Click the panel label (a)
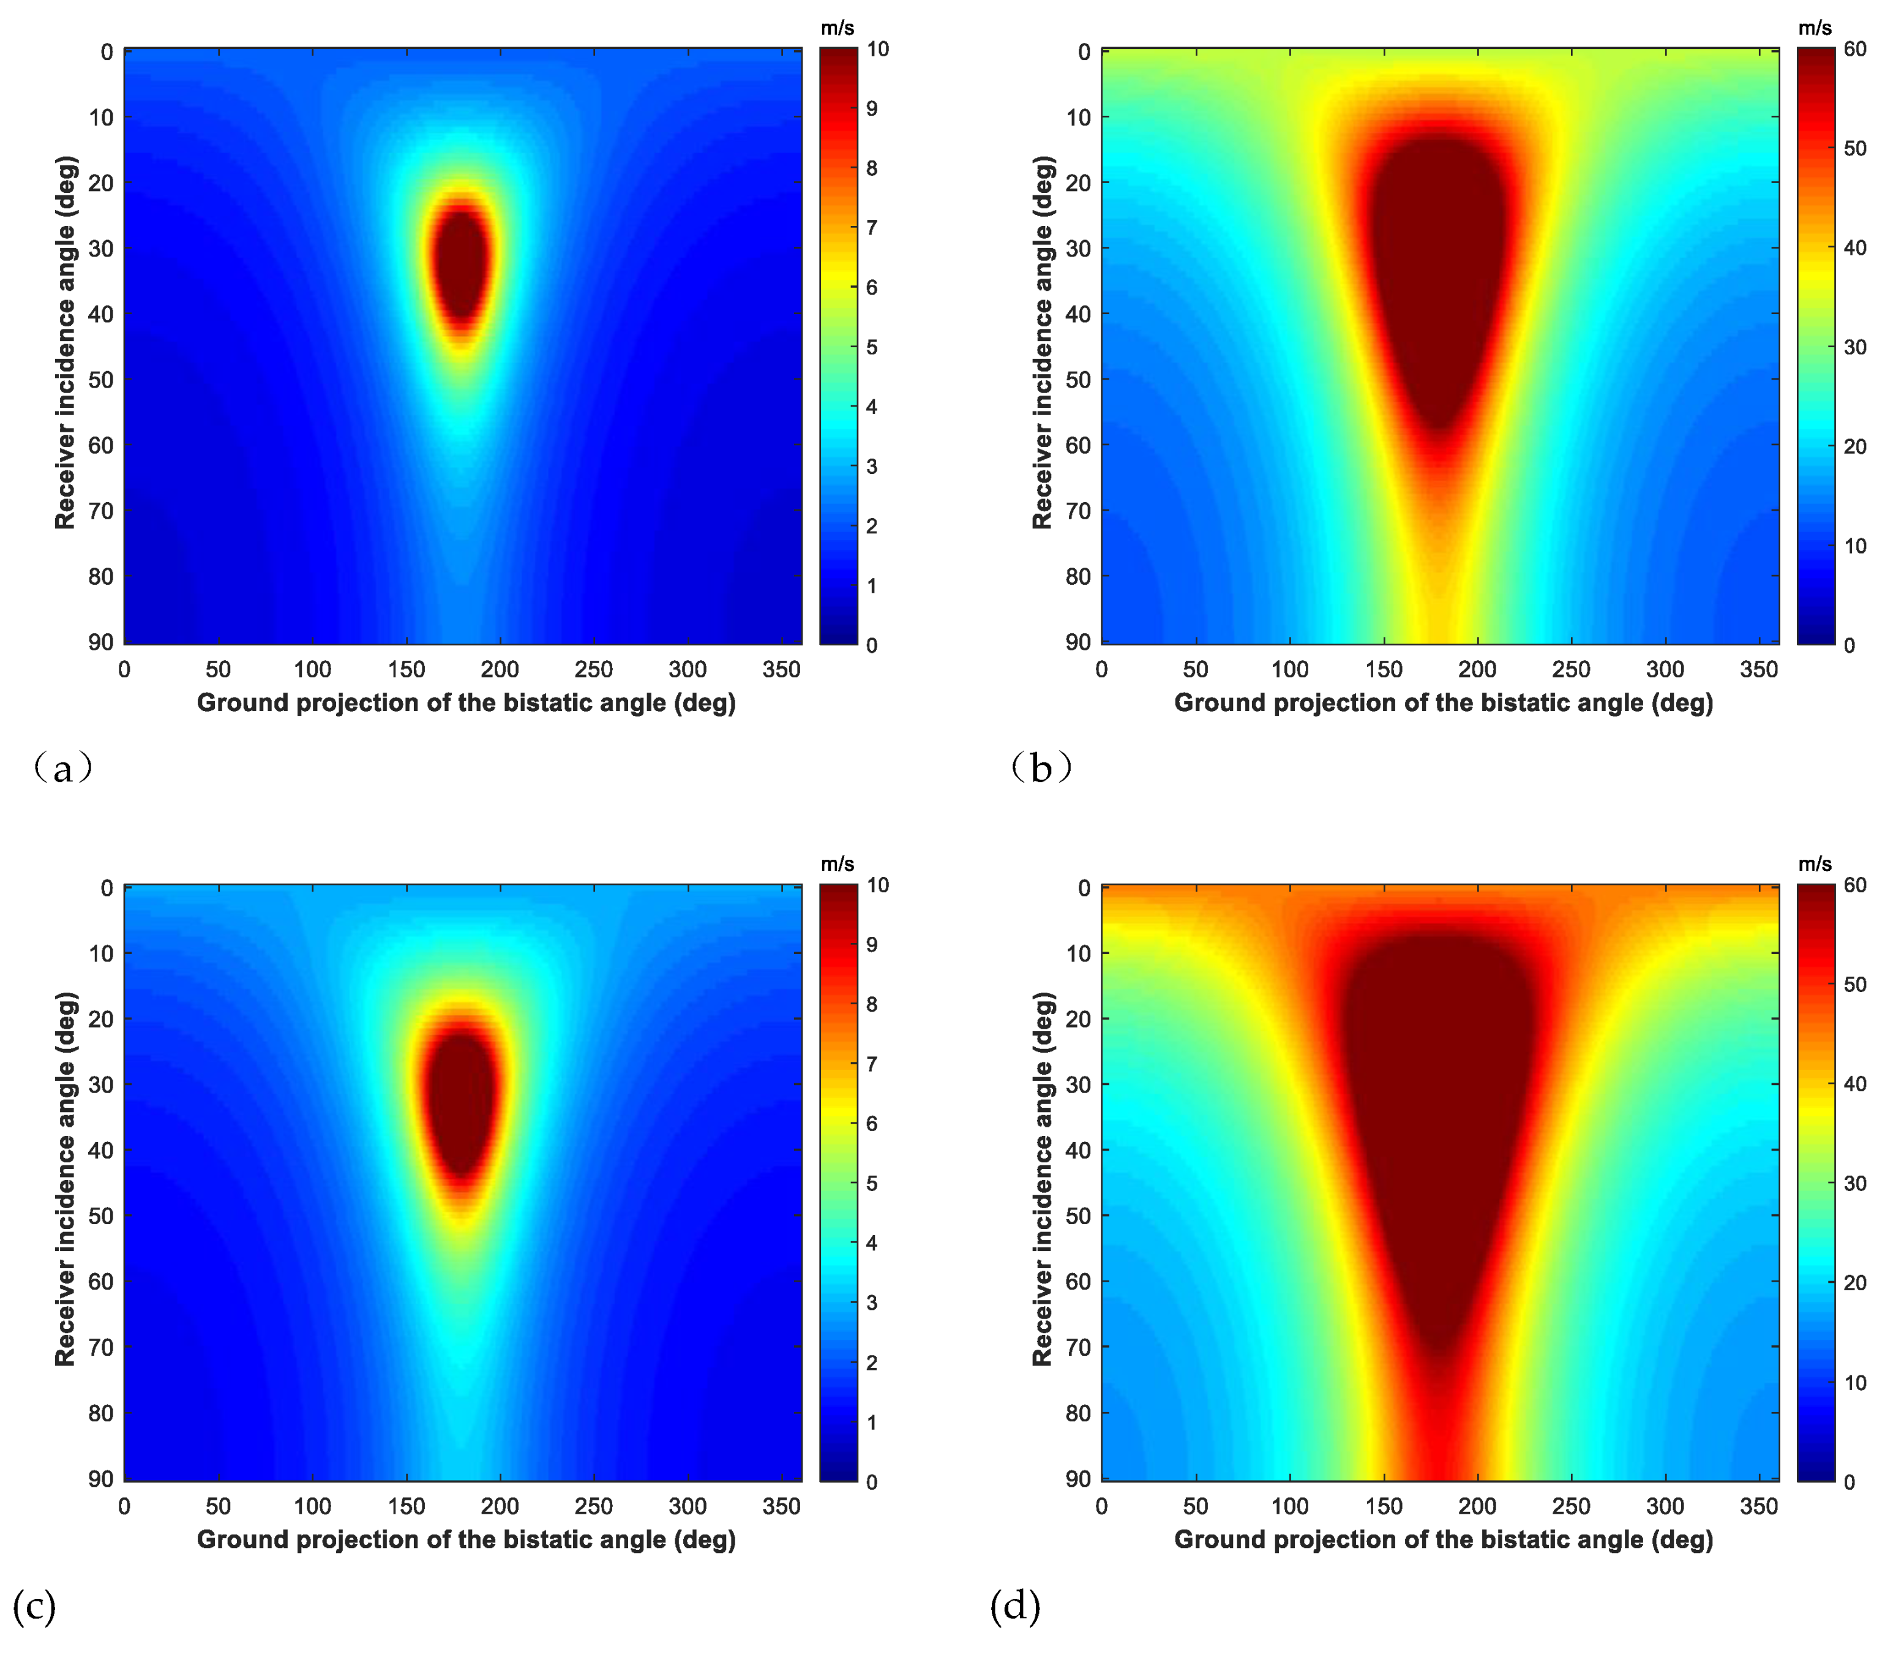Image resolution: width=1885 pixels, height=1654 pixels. tap(62, 767)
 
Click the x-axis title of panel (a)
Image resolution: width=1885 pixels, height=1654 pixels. tap(466, 703)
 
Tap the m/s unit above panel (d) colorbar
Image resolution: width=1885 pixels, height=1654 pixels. tap(1815, 865)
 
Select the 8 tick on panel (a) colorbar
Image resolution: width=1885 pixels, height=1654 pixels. tap(872, 168)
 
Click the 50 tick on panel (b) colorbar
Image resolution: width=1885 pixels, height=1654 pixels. tap(1854, 149)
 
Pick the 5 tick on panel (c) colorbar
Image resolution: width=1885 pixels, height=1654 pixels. tap(872, 1184)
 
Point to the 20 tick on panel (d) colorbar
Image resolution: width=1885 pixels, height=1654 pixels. tap(1854, 1283)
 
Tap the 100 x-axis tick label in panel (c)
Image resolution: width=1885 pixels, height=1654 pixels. tap(313, 1506)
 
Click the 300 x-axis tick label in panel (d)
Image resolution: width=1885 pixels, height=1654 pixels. tap(1665, 1506)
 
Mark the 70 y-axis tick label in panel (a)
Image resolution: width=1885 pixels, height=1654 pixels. tap(100, 511)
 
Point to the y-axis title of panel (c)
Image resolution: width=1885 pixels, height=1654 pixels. tap(64, 1179)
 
